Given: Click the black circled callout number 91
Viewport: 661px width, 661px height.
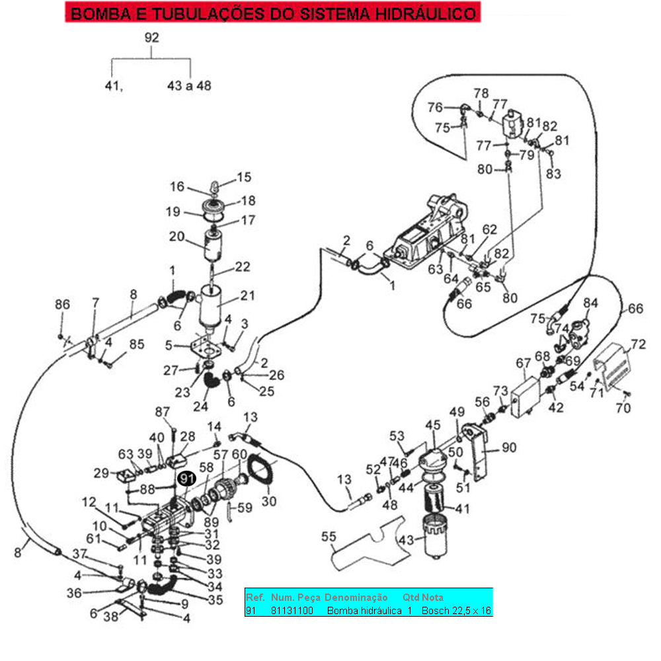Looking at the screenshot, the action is click(186, 479).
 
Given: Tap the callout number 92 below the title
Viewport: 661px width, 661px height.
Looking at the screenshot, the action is click(152, 38).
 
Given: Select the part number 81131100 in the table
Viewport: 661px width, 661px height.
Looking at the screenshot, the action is click(292, 610).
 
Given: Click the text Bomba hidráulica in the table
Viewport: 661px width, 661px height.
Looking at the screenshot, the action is click(364, 610).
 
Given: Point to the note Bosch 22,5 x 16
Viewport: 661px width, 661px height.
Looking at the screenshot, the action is click(456, 610).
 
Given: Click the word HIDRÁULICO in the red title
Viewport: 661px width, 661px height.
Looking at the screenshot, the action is click(426, 13).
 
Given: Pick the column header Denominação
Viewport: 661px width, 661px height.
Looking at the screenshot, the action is click(356, 598).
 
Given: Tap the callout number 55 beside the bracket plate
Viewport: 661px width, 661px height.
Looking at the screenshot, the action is click(329, 537).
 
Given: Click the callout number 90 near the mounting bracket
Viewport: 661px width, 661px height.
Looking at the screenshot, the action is click(509, 447).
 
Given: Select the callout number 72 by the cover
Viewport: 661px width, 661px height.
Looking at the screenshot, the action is click(639, 344).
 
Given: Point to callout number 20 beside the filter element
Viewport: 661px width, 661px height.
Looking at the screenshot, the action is click(176, 237).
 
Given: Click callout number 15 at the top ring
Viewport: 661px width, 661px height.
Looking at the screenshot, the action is click(244, 177).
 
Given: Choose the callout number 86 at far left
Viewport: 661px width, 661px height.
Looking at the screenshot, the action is click(62, 304).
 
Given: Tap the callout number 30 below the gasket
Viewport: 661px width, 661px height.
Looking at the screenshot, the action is click(269, 501).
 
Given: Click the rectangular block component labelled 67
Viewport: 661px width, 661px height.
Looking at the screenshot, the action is click(525, 397).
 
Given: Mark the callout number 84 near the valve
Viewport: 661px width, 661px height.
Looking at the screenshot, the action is click(590, 303).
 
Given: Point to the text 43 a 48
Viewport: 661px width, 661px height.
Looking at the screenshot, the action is click(189, 85).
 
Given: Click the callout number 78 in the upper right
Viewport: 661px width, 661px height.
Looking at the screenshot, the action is click(481, 93).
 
